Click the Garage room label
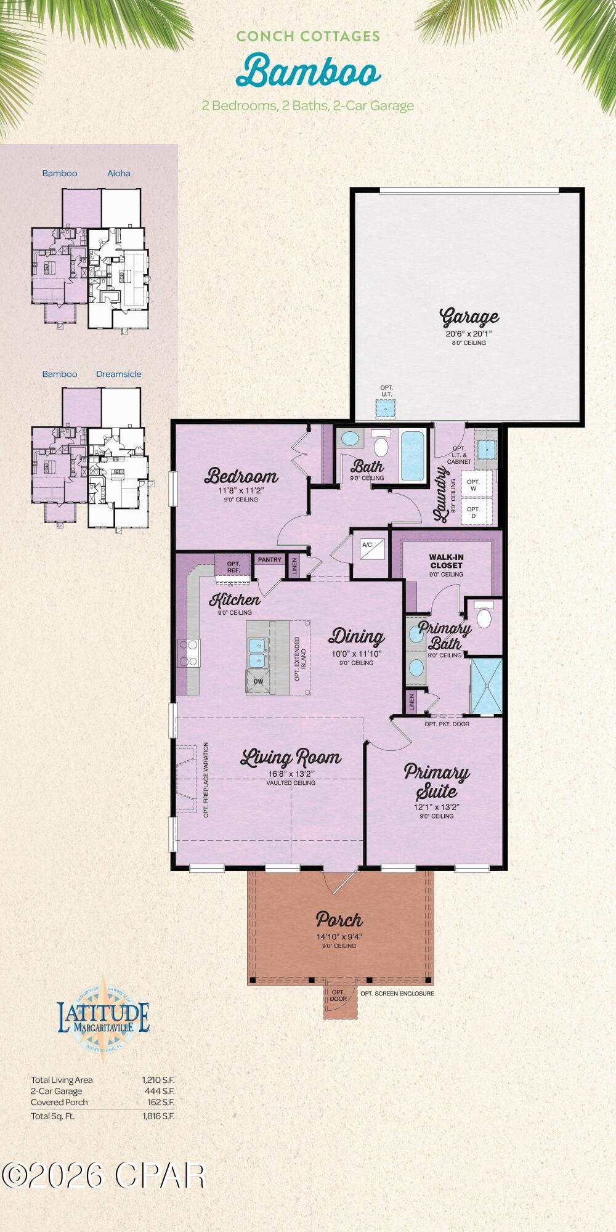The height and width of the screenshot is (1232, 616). pos(469,318)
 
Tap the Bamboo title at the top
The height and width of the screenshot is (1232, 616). pos(309,71)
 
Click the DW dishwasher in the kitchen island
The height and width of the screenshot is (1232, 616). pos(258,682)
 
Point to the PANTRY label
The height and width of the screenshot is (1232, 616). pos(269,560)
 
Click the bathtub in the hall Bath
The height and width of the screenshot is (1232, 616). pos(412,456)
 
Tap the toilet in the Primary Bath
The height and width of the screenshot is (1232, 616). pos(485,617)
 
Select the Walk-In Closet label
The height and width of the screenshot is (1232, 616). pos(446,561)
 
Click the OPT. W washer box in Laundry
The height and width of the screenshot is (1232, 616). pos(473,485)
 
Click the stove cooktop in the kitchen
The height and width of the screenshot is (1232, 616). pos(189,653)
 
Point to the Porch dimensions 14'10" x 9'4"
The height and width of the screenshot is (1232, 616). pos(339,936)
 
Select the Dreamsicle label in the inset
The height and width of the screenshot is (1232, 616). pos(118,374)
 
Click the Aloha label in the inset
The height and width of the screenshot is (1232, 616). pos(118,173)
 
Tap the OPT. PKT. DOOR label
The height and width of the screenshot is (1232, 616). pos(447,724)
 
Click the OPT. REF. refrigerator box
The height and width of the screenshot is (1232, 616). pos(233,567)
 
